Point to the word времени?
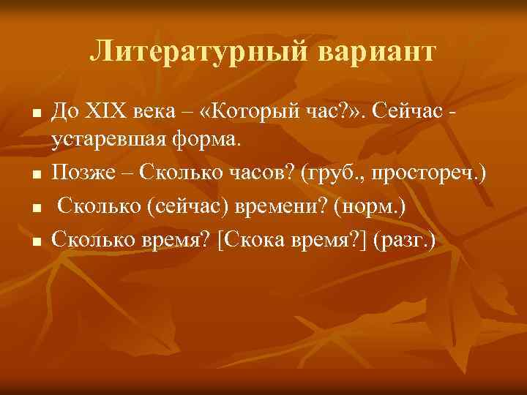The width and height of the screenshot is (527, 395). pos(283,207)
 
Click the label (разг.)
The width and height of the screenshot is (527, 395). pos(404,238)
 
